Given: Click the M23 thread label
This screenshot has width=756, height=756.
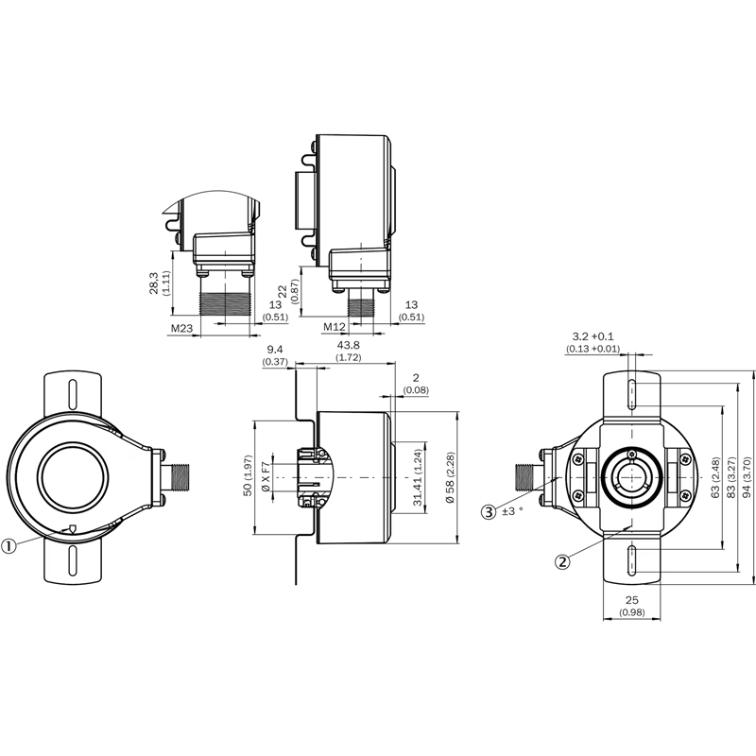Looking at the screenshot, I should click(x=181, y=328).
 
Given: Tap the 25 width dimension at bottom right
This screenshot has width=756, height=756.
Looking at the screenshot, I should click(x=632, y=601).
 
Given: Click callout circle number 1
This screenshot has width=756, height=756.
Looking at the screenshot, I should click(x=9, y=544).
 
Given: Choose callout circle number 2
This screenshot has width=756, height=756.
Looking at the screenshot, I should click(x=562, y=561).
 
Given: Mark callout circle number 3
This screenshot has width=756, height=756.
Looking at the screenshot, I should click(x=489, y=512).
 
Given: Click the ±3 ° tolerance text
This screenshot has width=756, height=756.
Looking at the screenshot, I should click(x=511, y=512).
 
